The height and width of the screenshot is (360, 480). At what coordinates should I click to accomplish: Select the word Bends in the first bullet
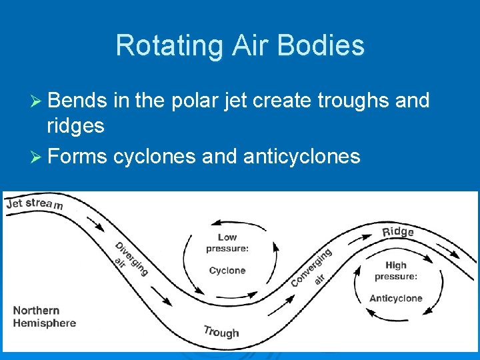point(77,101)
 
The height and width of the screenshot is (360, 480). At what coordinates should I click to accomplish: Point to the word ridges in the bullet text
point(75,125)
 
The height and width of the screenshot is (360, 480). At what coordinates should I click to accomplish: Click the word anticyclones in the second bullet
point(302,156)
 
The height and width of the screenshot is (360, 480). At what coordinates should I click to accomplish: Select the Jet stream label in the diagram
point(35,203)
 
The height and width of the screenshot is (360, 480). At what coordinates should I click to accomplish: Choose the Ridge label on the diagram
point(398,231)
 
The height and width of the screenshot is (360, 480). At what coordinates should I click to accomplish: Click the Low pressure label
point(227,243)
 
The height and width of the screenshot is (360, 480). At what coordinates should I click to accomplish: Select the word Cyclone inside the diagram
point(227,271)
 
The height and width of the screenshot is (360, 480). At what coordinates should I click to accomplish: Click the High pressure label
point(396,270)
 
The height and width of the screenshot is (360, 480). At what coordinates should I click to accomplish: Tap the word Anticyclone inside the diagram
point(396,298)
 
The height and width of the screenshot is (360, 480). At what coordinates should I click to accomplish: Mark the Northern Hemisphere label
point(45,317)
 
